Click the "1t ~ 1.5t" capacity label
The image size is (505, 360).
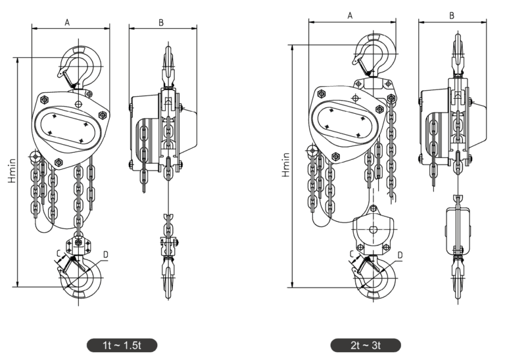(122, 345)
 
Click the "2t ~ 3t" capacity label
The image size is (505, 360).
(366, 345)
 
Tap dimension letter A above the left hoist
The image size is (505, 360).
(68, 22)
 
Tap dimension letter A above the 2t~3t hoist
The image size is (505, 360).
(350, 14)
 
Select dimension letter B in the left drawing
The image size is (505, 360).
(161, 22)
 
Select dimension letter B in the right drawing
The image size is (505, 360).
(452, 14)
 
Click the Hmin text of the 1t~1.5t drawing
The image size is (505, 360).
(12, 169)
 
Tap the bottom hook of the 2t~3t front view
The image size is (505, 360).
(375, 276)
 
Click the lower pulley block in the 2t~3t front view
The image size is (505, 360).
(373, 230)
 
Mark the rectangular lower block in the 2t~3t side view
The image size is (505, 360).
(458, 230)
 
